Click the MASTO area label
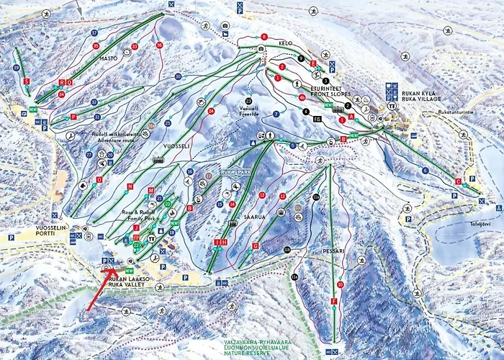click(x=108, y=58)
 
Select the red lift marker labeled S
click(x=27, y=82)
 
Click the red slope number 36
click(x=158, y=45)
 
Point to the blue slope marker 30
click(x=178, y=76)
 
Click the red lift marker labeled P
click(x=73, y=117)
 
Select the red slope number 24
click(x=211, y=112)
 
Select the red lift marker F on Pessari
click(x=333, y=301)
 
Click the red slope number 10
click(x=341, y=285)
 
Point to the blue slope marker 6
click(x=426, y=170)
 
